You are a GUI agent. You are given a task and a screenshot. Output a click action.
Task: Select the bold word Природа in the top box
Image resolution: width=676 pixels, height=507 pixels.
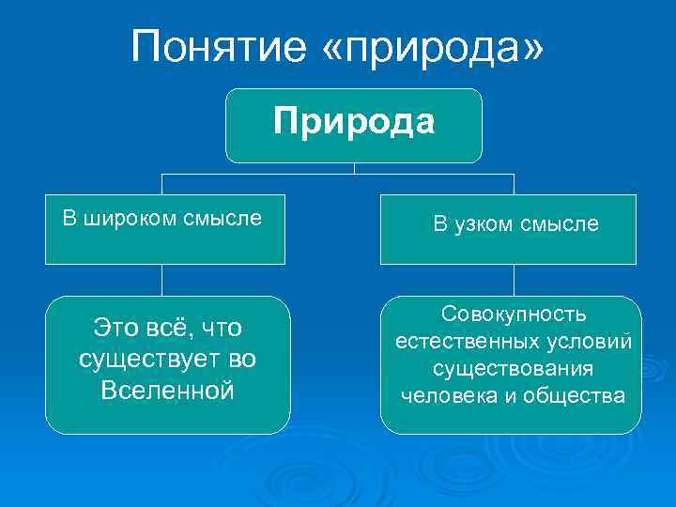354,122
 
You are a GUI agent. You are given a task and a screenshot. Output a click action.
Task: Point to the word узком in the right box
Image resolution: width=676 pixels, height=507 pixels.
489,223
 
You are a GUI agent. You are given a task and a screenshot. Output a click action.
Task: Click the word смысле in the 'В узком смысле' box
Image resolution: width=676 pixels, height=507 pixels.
561,223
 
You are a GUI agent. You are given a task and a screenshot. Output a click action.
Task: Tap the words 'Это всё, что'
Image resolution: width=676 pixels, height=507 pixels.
168,328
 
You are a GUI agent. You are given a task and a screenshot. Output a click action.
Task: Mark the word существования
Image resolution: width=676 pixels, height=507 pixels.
513,369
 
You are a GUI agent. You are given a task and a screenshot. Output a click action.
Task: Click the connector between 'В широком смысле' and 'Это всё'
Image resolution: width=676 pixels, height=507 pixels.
162,280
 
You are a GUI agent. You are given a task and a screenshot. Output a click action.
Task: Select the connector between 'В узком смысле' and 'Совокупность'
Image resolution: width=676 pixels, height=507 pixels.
514,280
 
